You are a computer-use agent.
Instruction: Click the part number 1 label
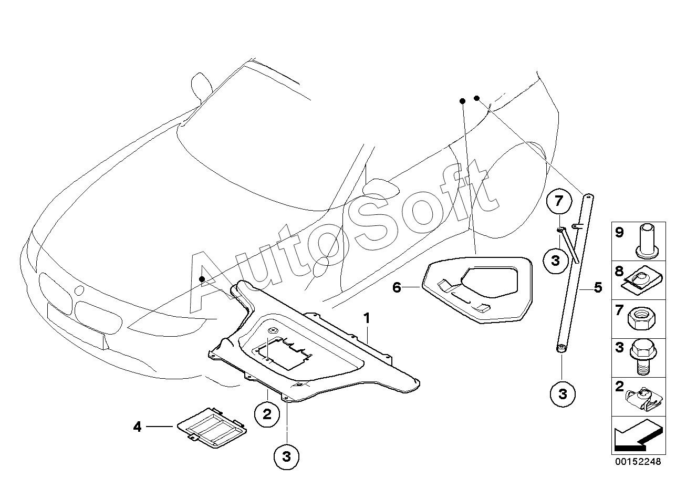[x=367, y=318]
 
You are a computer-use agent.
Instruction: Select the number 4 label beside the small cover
[x=137, y=427]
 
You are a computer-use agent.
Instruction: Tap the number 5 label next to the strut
[x=598, y=287]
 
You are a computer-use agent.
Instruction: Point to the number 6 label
[x=397, y=287]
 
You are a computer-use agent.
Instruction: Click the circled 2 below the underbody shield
[x=267, y=414]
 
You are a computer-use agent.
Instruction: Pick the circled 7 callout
[x=558, y=201]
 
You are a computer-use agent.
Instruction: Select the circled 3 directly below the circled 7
[x=555, y=260]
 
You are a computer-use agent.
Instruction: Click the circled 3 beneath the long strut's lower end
[x=563, y=393]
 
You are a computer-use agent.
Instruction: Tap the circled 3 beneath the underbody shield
[x=286, y=457]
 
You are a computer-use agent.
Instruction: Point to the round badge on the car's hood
[x=79, y=290]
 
